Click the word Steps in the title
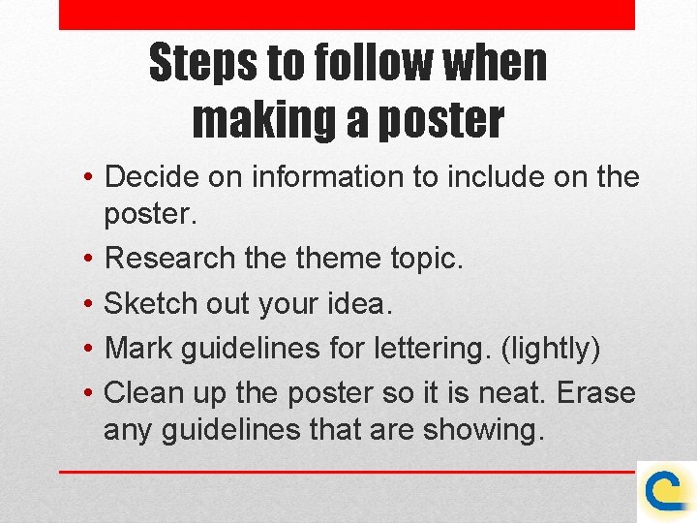[204, 65]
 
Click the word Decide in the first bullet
[150, 177]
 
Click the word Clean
[142, 393]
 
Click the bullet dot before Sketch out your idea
[88, 304]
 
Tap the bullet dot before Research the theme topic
[88, 259]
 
